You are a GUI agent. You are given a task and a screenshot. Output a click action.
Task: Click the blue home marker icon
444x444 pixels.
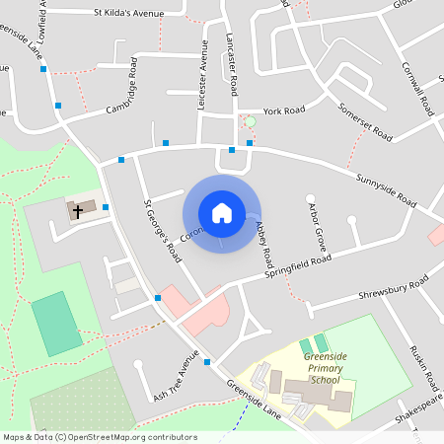coord(221,213)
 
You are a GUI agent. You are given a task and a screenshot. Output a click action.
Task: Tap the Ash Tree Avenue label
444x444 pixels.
coord(169,377)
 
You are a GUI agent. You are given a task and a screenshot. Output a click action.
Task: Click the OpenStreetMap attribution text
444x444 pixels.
coord(100,436)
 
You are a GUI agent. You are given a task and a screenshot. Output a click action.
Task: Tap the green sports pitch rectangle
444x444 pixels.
coord(57,323)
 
